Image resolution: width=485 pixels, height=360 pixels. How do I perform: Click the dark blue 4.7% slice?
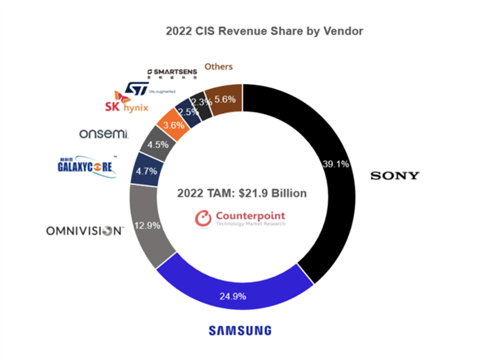coord(147,172)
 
